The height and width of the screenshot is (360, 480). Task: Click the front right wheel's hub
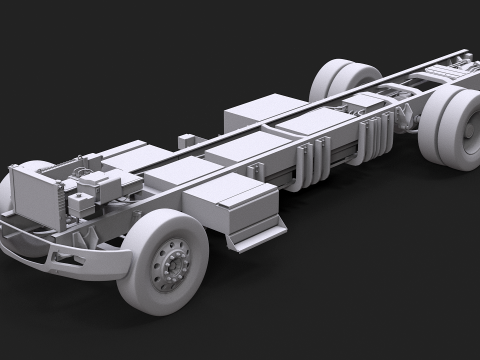(172, 266)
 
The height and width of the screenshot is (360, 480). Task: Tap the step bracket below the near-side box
(254, 235)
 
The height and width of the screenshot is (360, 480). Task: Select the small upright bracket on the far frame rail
(186, 141)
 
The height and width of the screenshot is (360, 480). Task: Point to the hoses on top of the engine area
(75, 170)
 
